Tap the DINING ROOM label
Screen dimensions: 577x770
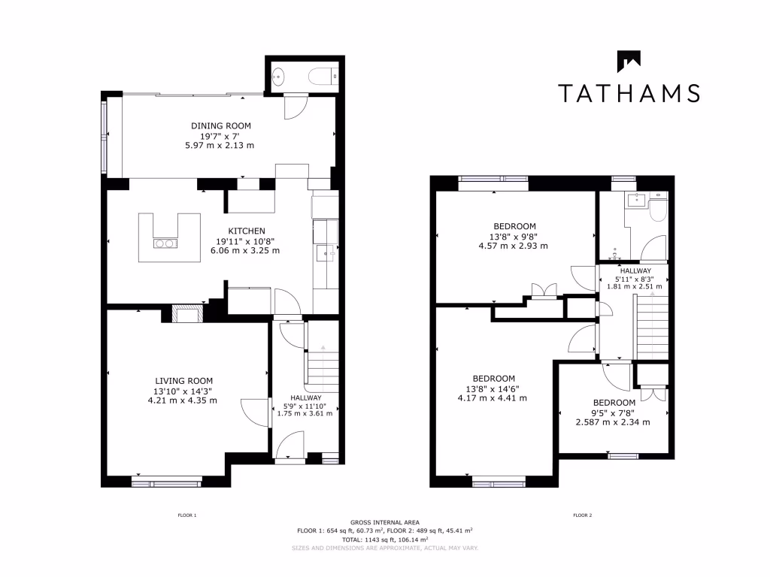(x=221, y=125)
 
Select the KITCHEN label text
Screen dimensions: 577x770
(x=247, y=231)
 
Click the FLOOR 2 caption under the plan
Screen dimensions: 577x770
(x=582, y=515)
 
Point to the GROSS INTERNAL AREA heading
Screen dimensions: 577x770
(x=385, y=522)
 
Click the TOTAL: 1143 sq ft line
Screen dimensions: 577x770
(x=385, y=539)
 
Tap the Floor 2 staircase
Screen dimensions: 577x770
(x=652, y=327)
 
